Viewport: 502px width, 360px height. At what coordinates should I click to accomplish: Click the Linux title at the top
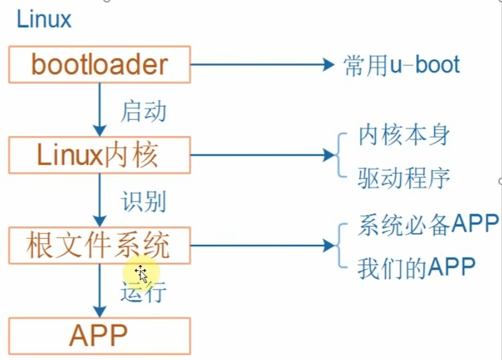coord(44,20)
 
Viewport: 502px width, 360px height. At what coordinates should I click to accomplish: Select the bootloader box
coord(99,64)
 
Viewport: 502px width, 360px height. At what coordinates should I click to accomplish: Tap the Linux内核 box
coord(99,155)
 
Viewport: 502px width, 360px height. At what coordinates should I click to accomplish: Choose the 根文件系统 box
coord(99,245)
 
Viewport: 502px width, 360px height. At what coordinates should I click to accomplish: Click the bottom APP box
coord(99,335)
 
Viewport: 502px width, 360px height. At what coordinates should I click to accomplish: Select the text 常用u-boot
coord(401,64)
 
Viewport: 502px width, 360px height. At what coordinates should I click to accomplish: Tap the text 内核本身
coord(404,137)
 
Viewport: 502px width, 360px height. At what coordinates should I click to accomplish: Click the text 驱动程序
coord(404,176)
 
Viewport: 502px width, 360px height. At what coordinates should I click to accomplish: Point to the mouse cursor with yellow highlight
coord(141,273)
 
